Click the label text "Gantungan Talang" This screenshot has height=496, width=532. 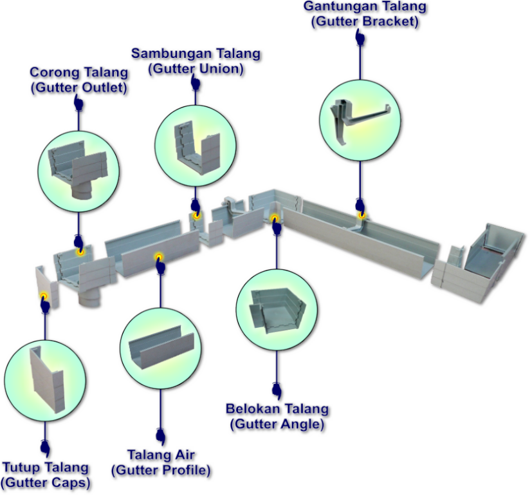click(365, 7)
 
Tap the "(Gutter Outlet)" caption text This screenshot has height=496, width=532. click(78, 88)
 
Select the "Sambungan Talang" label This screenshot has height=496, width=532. click(196, 53)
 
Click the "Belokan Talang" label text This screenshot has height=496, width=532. click(277, 409)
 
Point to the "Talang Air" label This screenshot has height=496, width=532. click(161, 455)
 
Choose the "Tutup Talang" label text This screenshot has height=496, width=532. click(45, 468)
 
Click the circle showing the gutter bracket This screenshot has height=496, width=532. click(360, 119)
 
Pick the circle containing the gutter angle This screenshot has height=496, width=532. click(277, 310)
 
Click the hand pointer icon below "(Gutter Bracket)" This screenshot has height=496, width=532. click(360, 37)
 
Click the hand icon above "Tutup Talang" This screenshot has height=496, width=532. click(45, 448)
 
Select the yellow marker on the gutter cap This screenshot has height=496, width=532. click(44, 297)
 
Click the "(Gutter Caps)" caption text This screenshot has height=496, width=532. click(45, 482)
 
